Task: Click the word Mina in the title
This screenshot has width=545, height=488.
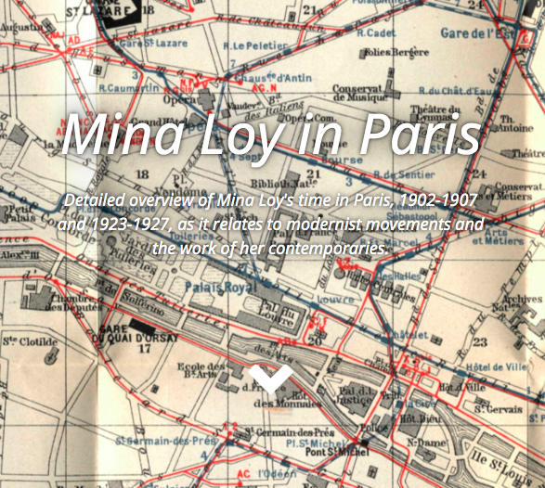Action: (x=123, y=135)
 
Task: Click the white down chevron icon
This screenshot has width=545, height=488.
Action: (x=271, y=377)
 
